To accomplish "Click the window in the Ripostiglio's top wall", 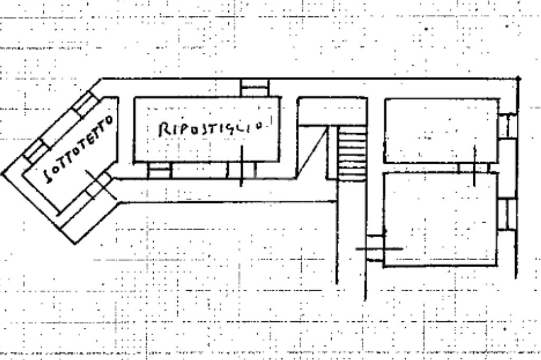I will [x=255, y=88].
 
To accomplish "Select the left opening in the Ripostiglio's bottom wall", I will [x=160, y=170].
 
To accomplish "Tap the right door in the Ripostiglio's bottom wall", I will [x=241, y=170].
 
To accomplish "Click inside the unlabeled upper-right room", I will [x=441, y=130].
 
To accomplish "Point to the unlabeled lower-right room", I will [x=440, y=219].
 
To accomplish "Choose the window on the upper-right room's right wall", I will [x=507, y=126].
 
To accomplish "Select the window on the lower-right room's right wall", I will [x=507, y=213].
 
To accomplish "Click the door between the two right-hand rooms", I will [x=473, y=168].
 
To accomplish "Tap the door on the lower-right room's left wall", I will [x=375, y=248].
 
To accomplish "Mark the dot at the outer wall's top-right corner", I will [x=518, y=79].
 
